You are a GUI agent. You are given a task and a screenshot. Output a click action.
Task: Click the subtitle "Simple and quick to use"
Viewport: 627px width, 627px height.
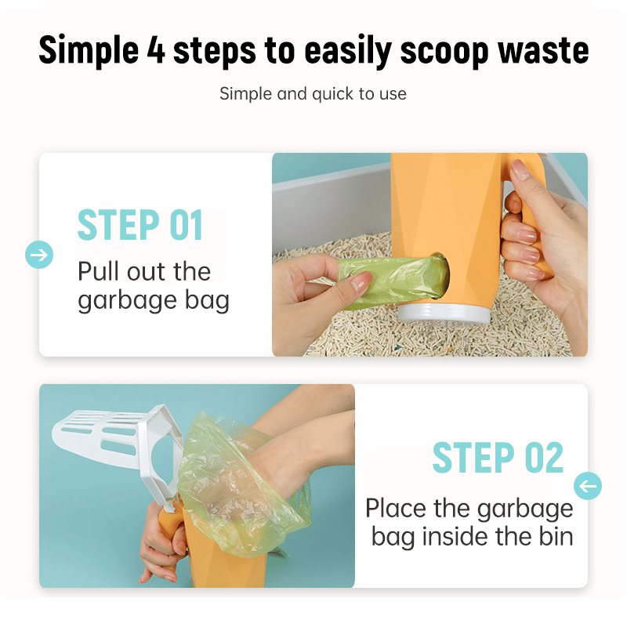click(313, 94)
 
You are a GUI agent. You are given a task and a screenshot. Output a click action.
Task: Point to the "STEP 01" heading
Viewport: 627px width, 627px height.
click(140, 226)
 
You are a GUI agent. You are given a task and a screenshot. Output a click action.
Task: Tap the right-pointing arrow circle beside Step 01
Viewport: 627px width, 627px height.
click(39, 255)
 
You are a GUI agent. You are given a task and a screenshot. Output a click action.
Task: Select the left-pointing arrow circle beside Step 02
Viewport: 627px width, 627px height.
click(588, 486)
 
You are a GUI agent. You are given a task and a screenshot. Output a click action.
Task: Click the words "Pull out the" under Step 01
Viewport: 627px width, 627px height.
click(144, 272)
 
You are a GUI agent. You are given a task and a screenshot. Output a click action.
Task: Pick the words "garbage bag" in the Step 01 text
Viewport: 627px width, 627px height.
click(153, 302)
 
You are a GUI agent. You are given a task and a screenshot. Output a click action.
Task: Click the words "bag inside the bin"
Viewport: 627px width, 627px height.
click(473, 537)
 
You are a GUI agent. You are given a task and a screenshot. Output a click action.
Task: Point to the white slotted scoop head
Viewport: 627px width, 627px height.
click(102, 435)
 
